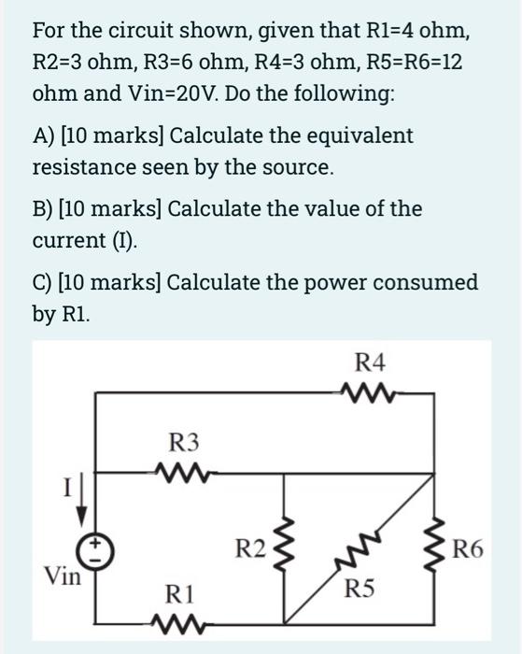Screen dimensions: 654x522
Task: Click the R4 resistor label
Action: [x=371, y=362]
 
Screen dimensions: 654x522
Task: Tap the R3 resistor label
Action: [x=184, y=440]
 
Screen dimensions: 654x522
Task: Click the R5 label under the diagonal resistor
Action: [x=360, y=589]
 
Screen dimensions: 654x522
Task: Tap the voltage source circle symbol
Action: [x=102, y=551]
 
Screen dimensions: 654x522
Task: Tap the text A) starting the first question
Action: [x=43, y=136]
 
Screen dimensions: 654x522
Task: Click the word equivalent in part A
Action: [x=362, y=136]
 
